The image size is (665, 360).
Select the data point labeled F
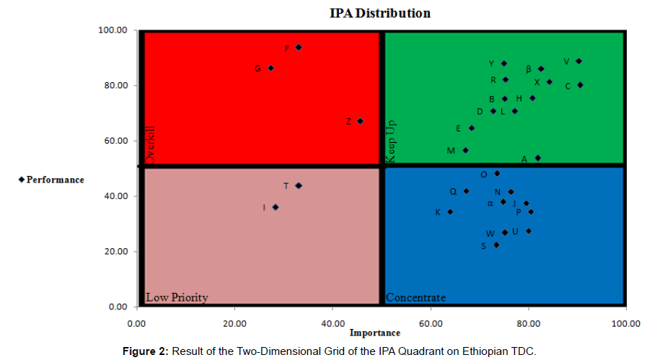point(299,48)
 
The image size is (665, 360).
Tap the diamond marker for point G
point(270,69)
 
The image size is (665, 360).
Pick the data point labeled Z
point(360,121)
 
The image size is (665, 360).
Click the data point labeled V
point(578,61)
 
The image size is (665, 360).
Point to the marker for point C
point(580,85)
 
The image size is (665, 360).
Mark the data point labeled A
point(537,158)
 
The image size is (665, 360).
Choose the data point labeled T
point(299,185)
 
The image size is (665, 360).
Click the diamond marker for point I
point(276,207)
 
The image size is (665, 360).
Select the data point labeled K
point(450,212)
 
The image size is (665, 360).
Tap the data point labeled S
point(496,245)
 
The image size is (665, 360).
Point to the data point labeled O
point(497,174)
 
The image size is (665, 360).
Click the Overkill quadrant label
point(151,146)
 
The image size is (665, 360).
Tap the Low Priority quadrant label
point(177,297)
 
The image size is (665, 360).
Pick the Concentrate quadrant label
point(415,297)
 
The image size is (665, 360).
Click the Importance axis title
point(375,333)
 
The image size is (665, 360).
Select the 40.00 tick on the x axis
point(332,322)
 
